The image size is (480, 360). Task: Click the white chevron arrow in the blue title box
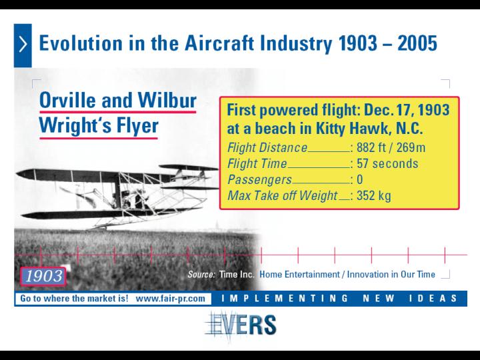23,45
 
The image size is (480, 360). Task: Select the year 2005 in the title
417,43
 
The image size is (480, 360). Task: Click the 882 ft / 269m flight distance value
391,147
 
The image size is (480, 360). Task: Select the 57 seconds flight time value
387,163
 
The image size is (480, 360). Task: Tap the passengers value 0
360,179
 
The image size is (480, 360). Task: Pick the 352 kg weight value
374,195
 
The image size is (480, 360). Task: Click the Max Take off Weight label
282,195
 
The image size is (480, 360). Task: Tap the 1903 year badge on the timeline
43,277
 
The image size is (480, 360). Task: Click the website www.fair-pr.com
170,299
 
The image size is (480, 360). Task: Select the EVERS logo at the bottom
241,325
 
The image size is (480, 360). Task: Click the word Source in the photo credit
201,274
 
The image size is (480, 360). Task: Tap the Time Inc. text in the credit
237,274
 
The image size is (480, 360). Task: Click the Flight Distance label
267,147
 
